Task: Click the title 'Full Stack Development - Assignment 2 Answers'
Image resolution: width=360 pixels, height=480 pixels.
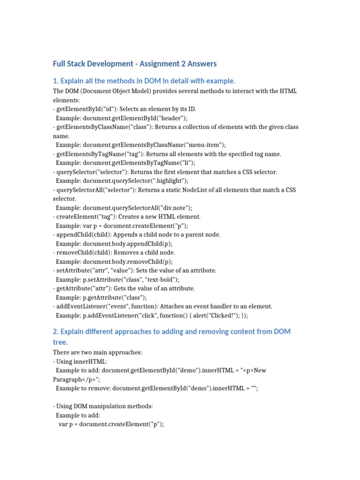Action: point(135,63)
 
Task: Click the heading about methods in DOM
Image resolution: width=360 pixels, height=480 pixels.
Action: point(144,81)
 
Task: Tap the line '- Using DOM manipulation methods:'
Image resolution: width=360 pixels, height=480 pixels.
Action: point(103,406)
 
